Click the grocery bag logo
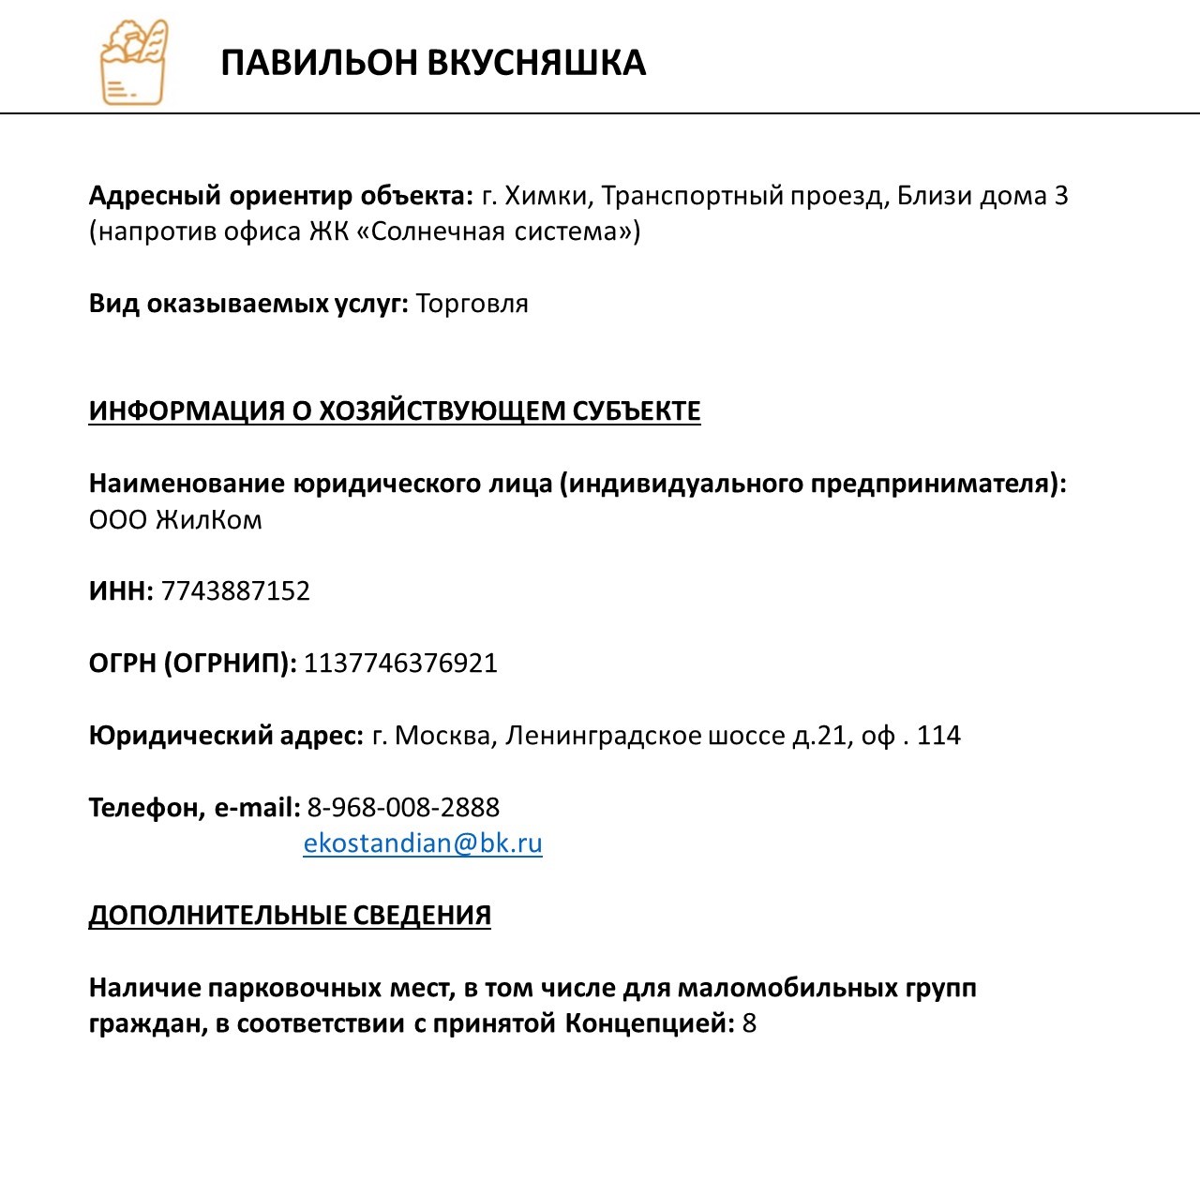coord(133,62)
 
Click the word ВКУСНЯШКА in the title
coord(536,63)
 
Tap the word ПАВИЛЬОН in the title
coord(319,63)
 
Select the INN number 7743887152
coord(235,591)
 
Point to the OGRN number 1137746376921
coord(400,664)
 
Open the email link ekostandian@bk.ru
coord(423,843)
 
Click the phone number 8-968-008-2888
coord(403,808)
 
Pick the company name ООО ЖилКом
coord(175,520)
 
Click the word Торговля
coord(472,304)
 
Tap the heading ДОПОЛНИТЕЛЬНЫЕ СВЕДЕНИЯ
coord(290,916)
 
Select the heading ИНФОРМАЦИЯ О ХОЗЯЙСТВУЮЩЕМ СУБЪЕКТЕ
coord(395,411)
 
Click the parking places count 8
coord(749,1023)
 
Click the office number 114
coord(938,736)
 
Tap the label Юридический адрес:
coord(226,736)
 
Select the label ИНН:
coord(121,591)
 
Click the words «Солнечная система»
coord(497,231)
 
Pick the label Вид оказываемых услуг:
coord(248,304)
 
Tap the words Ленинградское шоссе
coord(645,736)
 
